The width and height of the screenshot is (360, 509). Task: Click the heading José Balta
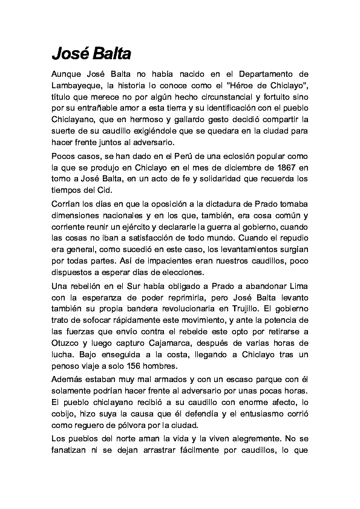[91, 54]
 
